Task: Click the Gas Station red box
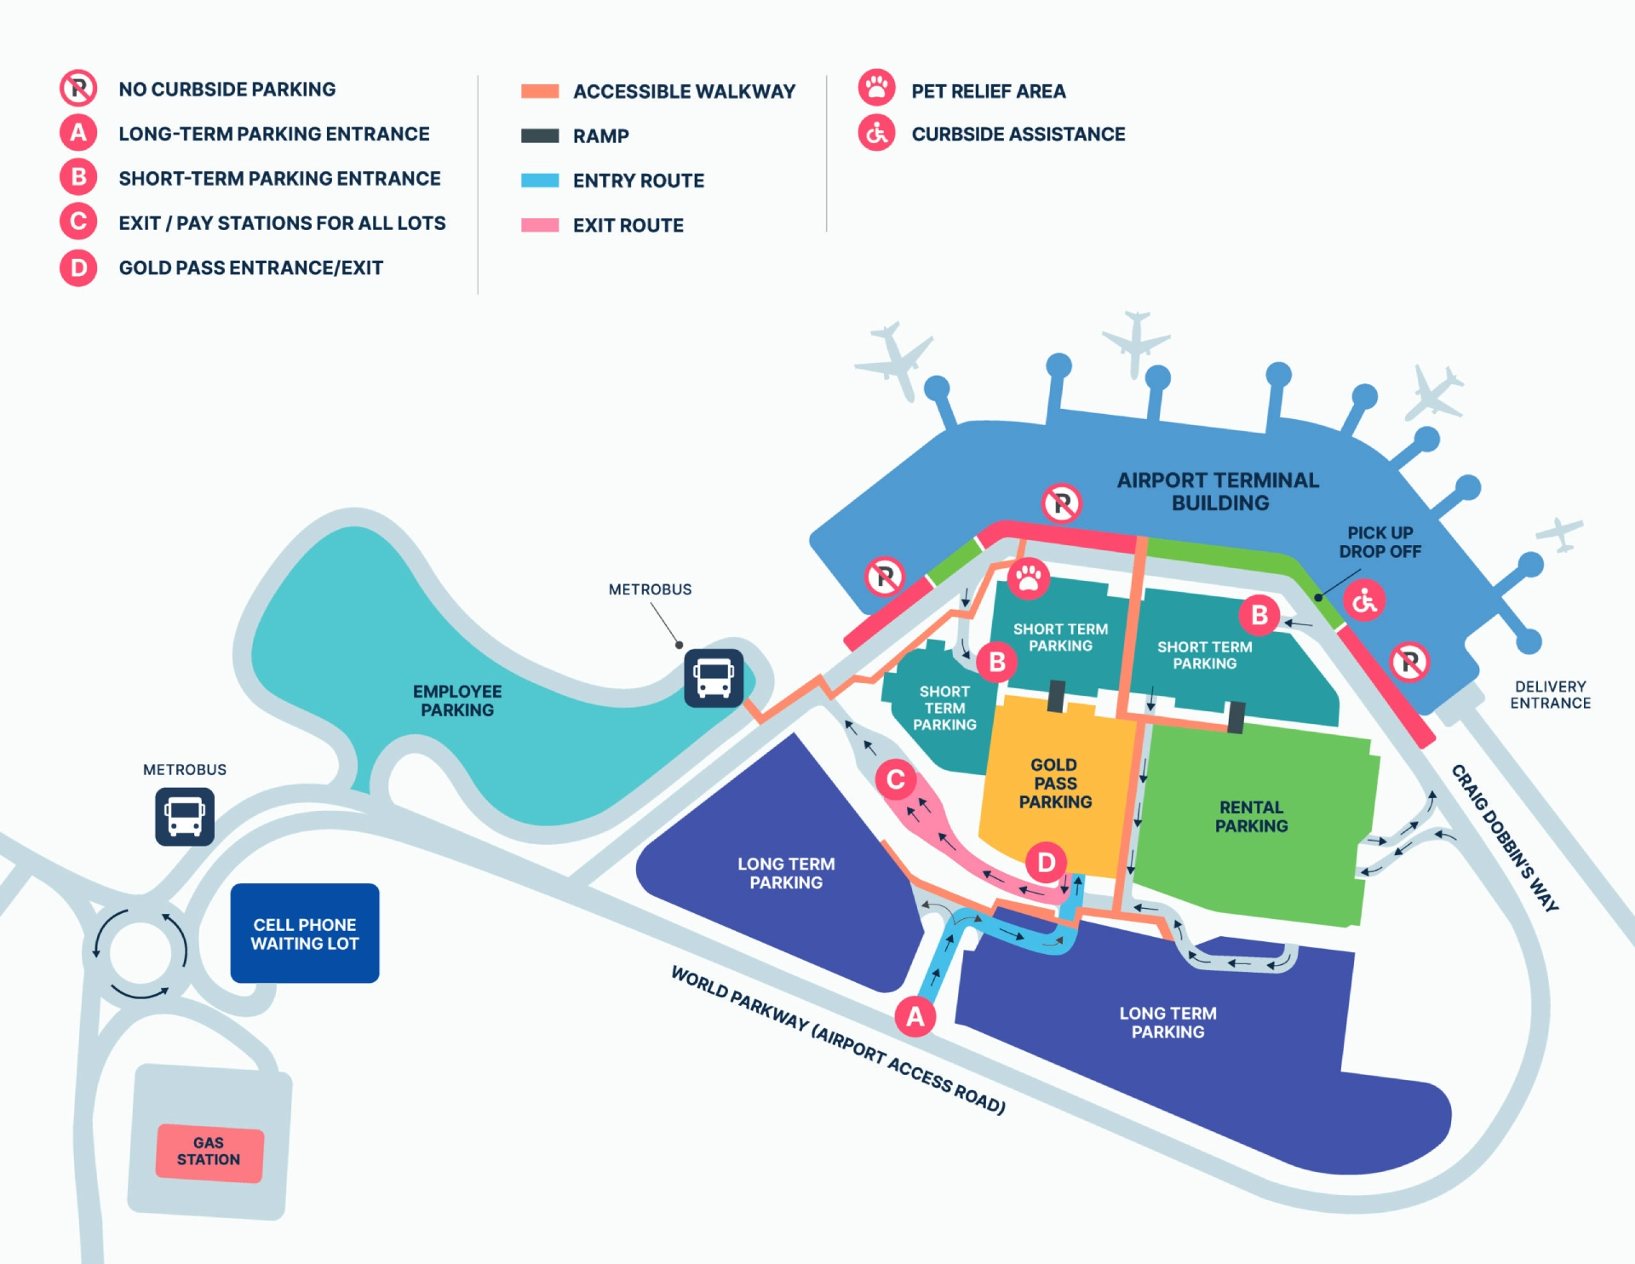209,1152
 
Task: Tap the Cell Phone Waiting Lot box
305,934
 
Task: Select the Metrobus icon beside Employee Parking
714,678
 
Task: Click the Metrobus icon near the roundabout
185,817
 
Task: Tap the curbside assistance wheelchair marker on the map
1364,601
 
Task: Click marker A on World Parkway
915,1016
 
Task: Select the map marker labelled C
896,779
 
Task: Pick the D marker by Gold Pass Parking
1046,863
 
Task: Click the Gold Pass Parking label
1055,784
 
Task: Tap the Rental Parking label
1251,817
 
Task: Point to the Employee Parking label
457,701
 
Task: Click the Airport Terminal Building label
1219,491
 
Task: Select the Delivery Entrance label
1550,695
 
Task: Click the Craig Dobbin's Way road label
1505,838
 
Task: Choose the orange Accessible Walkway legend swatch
540,91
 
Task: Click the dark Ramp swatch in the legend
540,136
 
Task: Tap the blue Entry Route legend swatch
540,181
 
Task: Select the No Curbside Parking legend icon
78,89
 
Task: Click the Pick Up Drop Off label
1380,543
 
